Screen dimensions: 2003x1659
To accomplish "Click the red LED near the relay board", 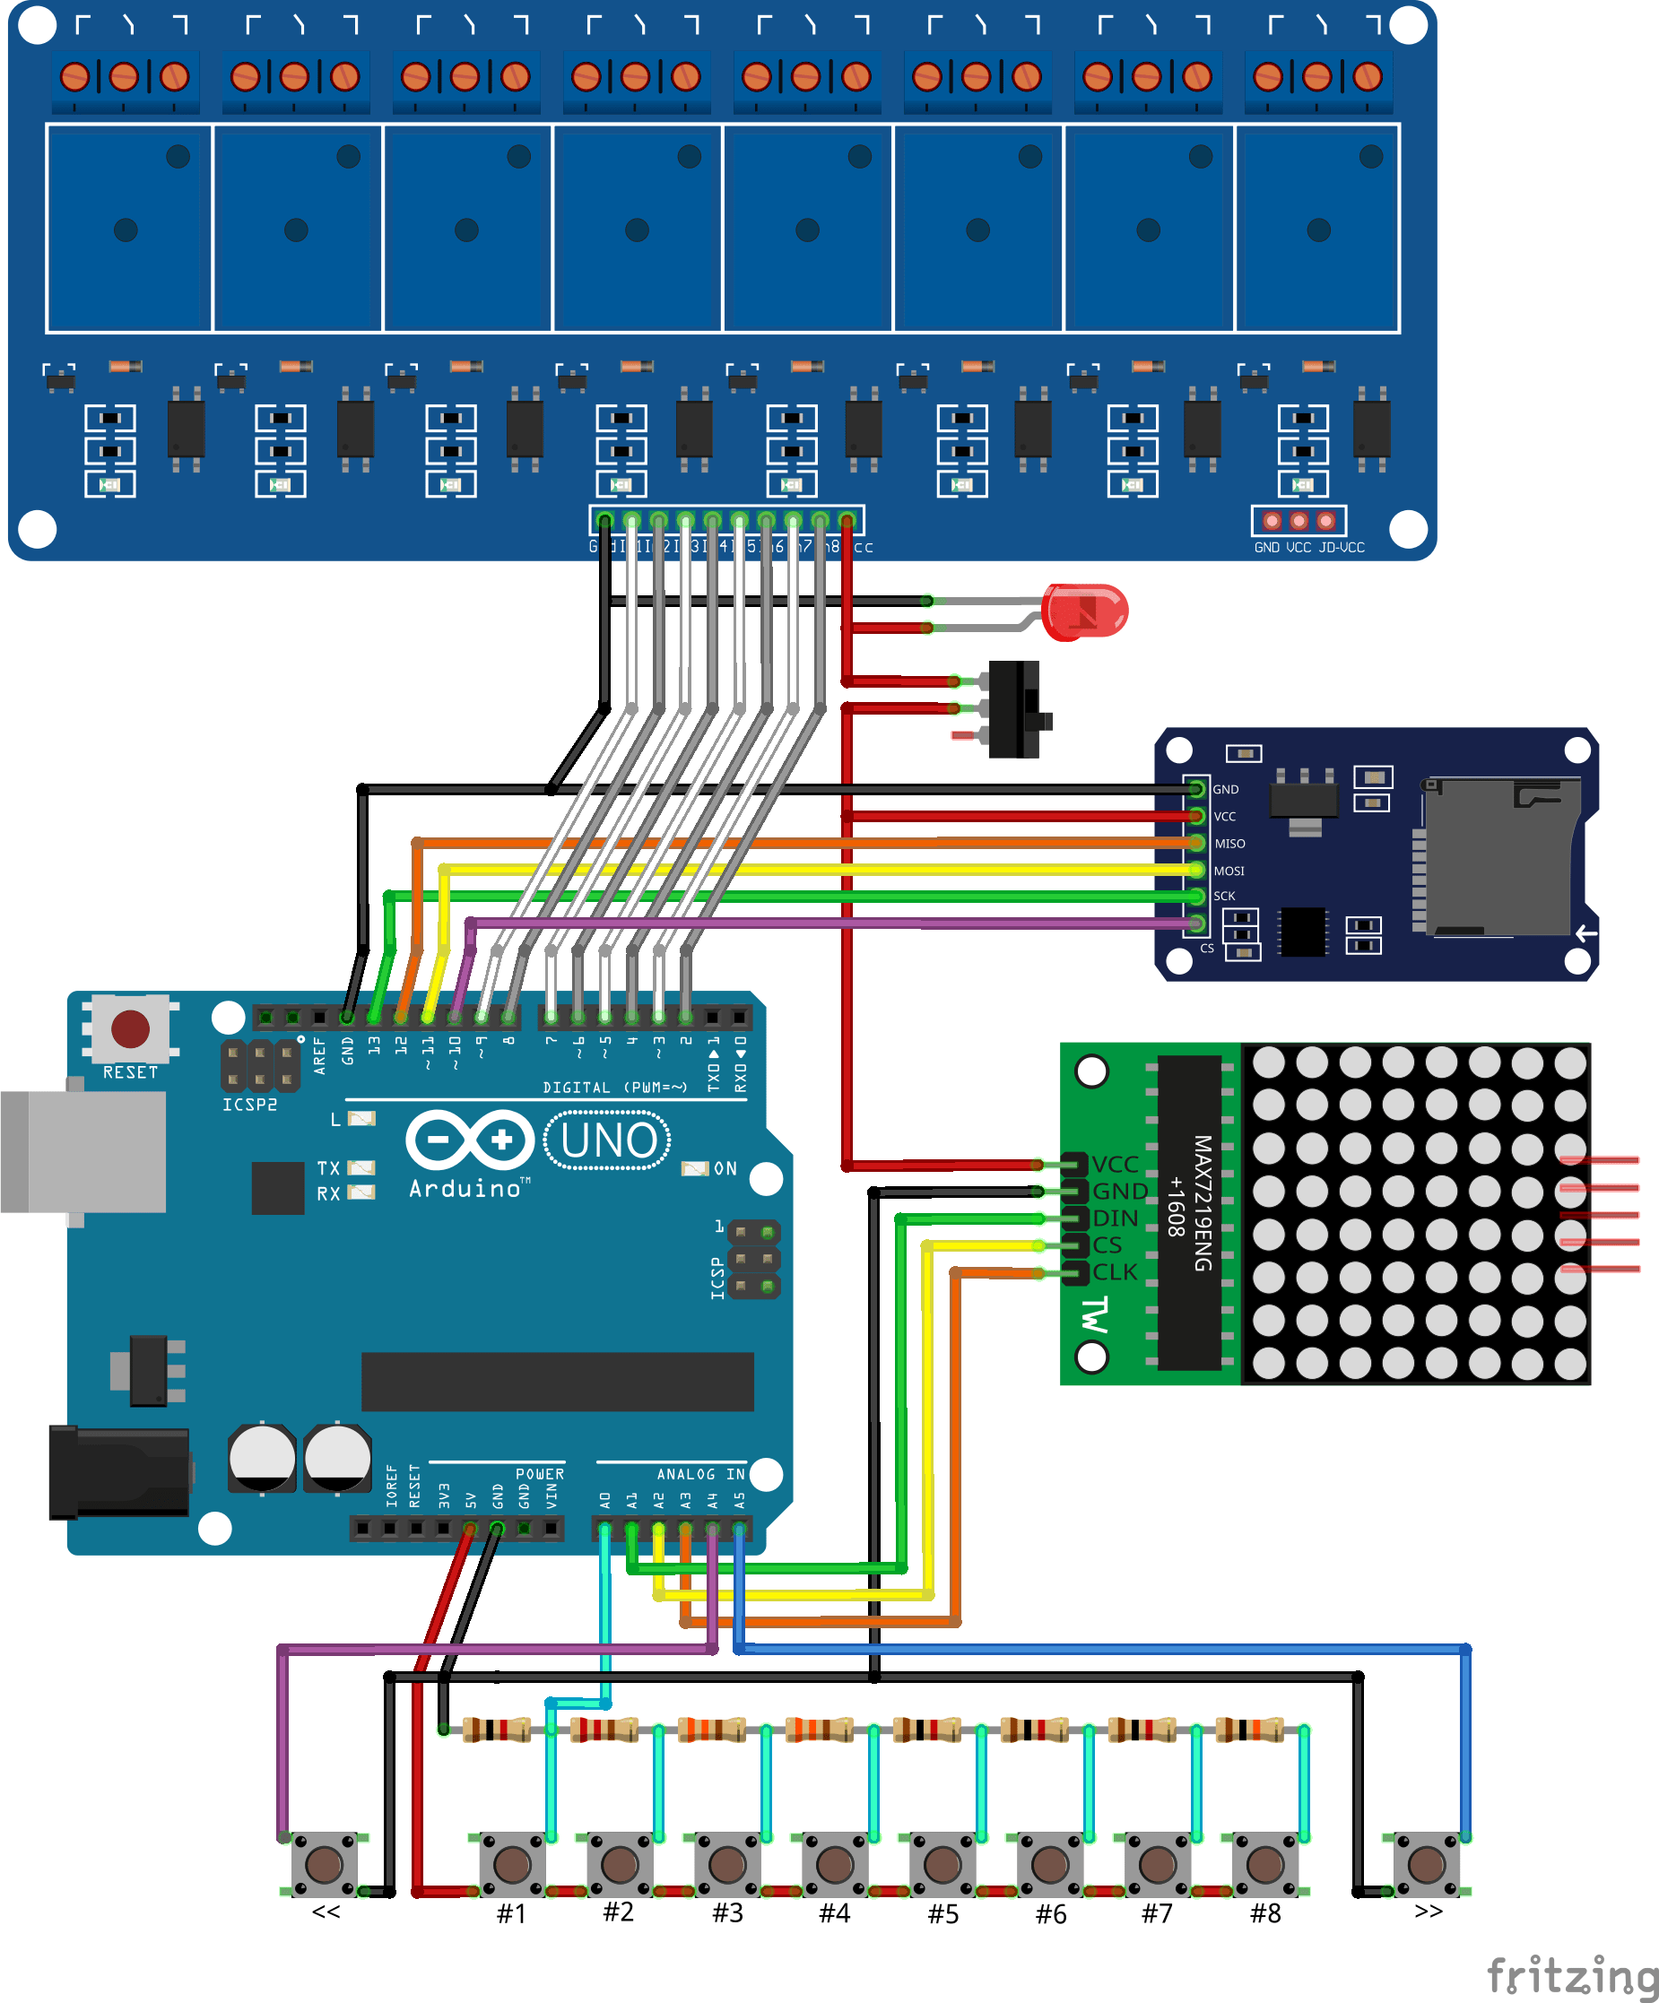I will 1085,611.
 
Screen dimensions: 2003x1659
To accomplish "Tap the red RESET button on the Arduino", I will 130,1028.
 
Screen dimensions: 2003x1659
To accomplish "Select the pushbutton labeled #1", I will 511,1864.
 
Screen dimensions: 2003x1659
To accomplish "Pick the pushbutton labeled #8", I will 1265,1864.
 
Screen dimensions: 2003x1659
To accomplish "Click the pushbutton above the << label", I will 324,1864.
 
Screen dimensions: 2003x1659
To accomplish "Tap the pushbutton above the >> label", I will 1426,1864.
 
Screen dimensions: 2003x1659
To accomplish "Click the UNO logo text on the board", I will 608,1140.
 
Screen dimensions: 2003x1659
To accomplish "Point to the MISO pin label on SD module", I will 1229,844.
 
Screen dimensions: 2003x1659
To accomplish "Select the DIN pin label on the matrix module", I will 1116,1218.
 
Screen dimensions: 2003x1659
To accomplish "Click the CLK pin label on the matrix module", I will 1116,1272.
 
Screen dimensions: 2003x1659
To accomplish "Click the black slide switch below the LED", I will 1015,709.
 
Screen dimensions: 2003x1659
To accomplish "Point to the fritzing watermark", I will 1572,1974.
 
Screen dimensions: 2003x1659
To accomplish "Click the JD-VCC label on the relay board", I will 1342,548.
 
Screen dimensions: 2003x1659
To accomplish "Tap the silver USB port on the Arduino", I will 84,1151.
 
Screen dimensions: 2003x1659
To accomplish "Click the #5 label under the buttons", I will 942,1914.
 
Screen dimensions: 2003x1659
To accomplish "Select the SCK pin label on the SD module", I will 1224,897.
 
